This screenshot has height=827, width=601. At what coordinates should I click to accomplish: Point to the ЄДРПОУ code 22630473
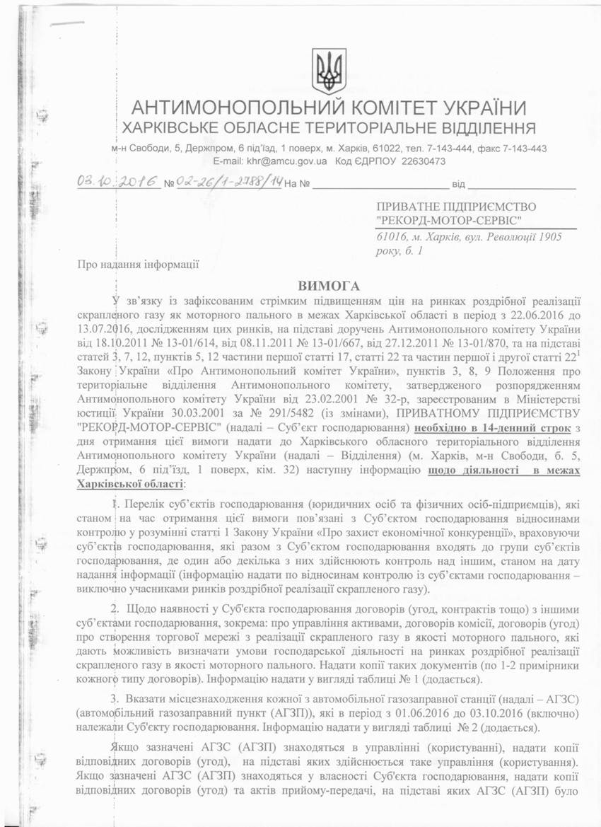[423, 161]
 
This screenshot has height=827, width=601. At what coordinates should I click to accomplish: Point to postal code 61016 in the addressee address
[391, 238]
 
